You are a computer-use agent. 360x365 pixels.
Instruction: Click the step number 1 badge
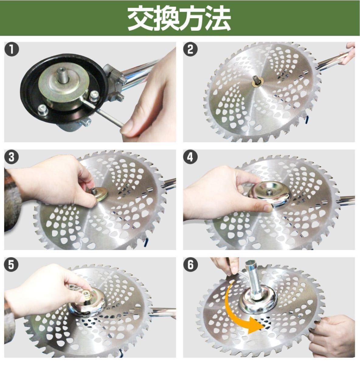click(x=12, y=49)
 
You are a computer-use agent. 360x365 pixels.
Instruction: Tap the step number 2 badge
click(x=190, y=49)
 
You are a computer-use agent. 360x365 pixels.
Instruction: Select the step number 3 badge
click(x=12, y=157)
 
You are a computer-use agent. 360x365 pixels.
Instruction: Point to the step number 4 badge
click(x=190, y=157)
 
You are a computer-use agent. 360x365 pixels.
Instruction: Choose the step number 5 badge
click(x=12, y=264)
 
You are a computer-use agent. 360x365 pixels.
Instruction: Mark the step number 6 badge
click(x=190, y=264)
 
